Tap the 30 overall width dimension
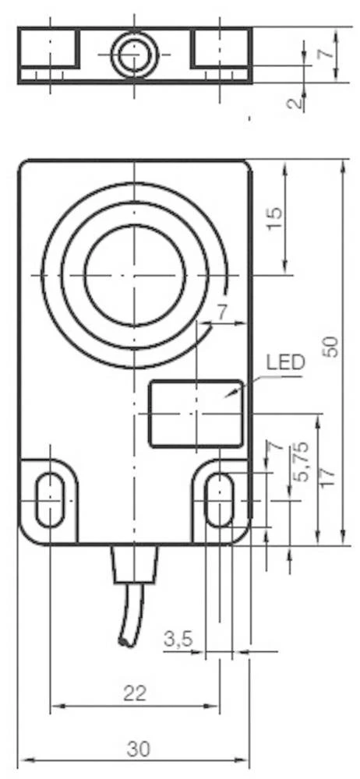pos(139,749)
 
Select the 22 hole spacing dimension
pos(135,693)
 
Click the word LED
pos(285,363)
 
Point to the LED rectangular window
pos(196,413)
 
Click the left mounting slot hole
pos(50,499)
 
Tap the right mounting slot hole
pos(219,499)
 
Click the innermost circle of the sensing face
pos(135,275)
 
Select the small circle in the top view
pos(134,54)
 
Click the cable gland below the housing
pos(135,562)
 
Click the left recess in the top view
pos(49,48)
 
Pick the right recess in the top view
pos(221,48)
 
